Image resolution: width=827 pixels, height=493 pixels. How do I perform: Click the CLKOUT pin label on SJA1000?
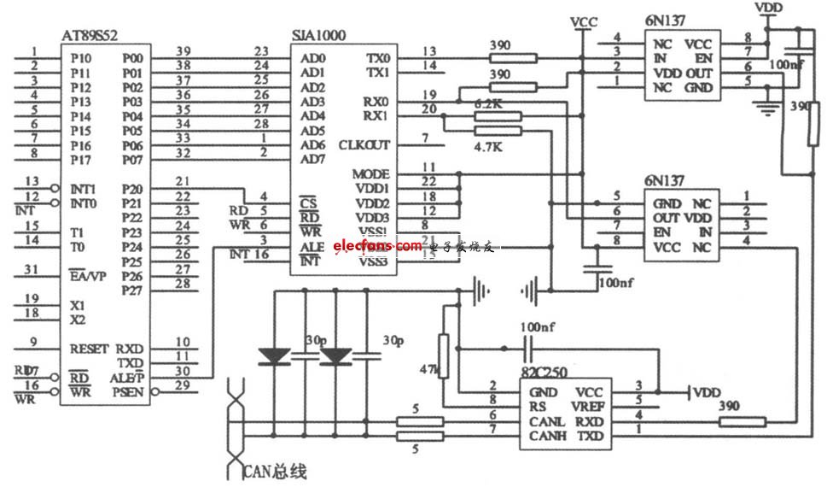(x=364, y=144)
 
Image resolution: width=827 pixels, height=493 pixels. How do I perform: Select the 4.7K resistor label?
(x=488, y=146)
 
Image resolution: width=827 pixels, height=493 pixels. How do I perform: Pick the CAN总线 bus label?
(x=275, y=471)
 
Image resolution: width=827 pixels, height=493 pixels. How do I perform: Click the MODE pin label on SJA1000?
(x=370, y=173)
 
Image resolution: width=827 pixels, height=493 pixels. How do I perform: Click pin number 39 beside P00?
(x=181, y=51)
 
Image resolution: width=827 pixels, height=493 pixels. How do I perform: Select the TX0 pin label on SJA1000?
(x=377, y=58)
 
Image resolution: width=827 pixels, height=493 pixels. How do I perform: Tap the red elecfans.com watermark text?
(x=377, y=246)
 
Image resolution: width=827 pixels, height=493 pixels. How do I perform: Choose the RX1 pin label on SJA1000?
(x=376, y=115)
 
